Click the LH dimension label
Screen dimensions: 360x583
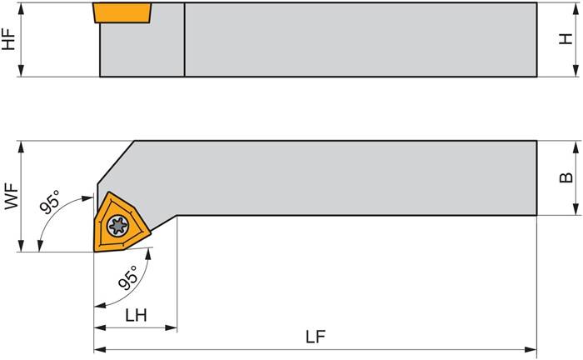click(x=135, y=316)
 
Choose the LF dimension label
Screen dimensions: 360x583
click(x=315, y=337)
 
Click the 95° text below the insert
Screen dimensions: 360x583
click(x=127, y=276)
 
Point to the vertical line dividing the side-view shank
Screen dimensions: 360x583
click(x=184, y=39)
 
